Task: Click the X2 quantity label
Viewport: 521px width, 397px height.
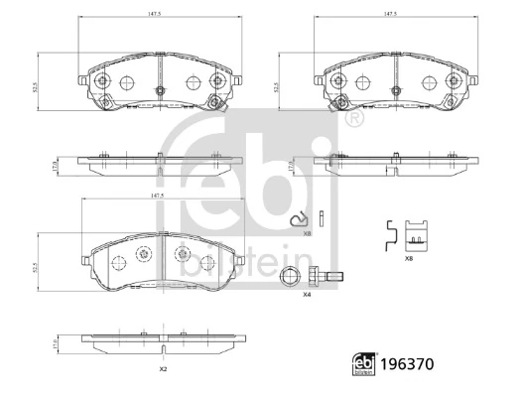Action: [162, 368]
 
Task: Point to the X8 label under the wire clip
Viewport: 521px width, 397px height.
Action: [308, 233]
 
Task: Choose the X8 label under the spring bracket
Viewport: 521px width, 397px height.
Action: [409, 257]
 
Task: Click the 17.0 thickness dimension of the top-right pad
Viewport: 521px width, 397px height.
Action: [290, 168]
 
